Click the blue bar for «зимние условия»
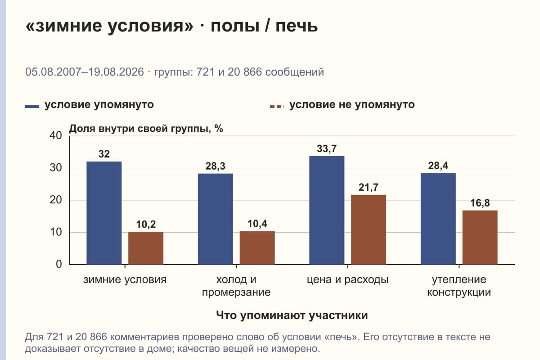(104, 213)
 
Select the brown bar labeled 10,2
(146, 248)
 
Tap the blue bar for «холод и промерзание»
(215, 219)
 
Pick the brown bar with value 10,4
(257, 248)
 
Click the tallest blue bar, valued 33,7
(327, 211)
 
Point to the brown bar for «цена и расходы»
(369, 230)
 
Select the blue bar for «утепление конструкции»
(438, 219)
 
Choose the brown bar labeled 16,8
(480, 238)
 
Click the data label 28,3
(215, 166)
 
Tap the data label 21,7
(369, 187)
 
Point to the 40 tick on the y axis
(56, 135)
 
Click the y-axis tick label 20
(56, 200)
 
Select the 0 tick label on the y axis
(59, 264)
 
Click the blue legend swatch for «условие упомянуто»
(32, 107)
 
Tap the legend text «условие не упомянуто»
(352, 105)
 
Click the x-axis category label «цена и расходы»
(347, 280)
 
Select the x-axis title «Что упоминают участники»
(292, 315)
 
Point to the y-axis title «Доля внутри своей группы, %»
(146, 129)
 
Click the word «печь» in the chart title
(297, 26)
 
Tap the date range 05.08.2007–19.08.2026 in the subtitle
(85, 72)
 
